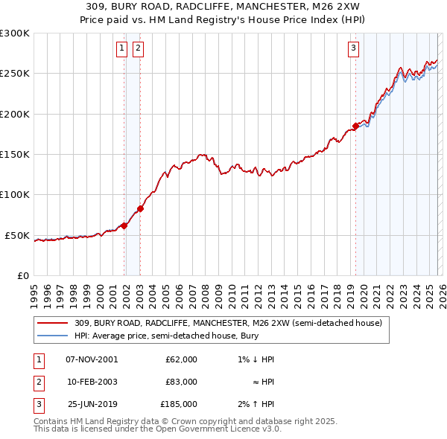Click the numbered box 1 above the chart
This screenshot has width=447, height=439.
pyautogui.click(x=121, y=49)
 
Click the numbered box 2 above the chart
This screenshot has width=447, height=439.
pyautogui.click(x=139, y=49)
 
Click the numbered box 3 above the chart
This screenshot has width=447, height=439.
pyautogui.click(x=353, y=49)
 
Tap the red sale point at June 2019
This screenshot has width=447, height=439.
pyautogui.click(x=355, y=126)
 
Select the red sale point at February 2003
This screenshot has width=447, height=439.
pyautogui.click(x=140, y=208)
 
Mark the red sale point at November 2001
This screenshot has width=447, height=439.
pyautogui.click(x=124, y=225)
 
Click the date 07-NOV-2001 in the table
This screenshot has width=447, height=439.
pyautogui.click(x=92, y=359)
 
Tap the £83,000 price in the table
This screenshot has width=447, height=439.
pyautogui.click(x=181, y=382)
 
